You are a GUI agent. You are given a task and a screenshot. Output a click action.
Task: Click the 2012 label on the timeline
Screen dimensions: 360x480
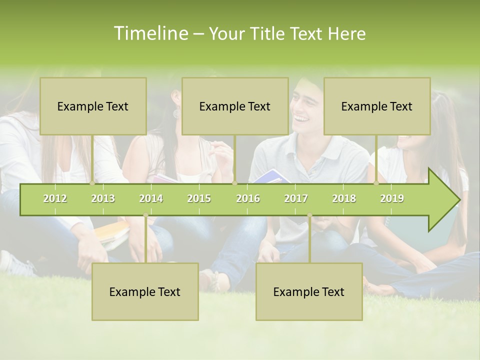tap(55, 199)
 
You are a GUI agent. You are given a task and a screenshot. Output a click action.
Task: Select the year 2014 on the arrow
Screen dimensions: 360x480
tap(151, 199)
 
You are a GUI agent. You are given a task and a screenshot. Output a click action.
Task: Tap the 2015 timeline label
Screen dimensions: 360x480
tap(199, 199)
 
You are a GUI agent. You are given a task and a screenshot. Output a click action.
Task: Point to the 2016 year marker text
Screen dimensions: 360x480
tap(248, 199)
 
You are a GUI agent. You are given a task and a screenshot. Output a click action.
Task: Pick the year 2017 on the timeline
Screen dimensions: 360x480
tap(296, 199)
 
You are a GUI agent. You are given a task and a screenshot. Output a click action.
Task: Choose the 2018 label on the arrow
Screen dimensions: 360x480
tap(344, 199)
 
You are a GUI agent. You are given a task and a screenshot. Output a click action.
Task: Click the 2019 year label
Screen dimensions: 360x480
tap(392, 199)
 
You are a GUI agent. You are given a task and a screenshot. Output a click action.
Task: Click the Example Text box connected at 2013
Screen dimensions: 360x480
tap(93, 106)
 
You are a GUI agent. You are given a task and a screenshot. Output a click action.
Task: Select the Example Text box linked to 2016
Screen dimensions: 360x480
tap(235, 106)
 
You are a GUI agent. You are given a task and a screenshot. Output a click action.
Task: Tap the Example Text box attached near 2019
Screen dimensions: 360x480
tap(377, 106)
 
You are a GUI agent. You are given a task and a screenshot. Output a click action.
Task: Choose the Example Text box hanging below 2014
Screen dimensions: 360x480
tap(145, 292)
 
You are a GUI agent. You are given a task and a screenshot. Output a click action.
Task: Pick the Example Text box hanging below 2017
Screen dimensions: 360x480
tap(309, 292)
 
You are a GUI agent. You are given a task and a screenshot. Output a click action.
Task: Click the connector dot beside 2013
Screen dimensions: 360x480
tap(92, 183)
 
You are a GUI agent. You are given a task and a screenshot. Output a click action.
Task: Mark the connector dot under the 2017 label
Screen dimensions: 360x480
tap(309, 215)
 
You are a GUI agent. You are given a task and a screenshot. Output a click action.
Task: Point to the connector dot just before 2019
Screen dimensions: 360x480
tap(376, 183)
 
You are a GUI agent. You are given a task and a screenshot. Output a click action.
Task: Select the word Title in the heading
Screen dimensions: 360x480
tap(267, 34)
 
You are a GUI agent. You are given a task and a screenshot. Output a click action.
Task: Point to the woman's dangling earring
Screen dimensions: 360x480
tap(176, 113)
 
